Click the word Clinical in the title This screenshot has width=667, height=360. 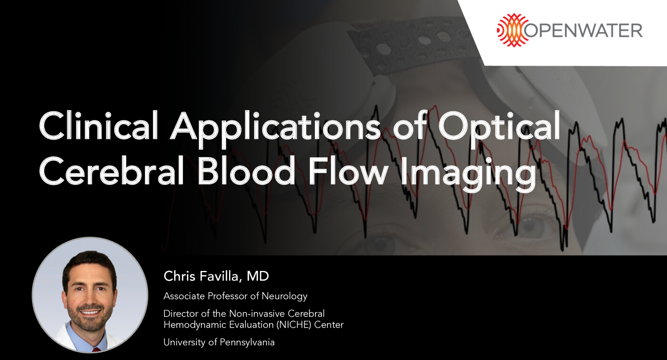point(99,126)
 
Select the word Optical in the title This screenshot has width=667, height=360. point(499,126)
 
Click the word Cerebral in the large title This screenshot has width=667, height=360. point(112,171)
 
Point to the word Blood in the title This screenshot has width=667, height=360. point(246,171)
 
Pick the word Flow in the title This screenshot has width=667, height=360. point(349,171)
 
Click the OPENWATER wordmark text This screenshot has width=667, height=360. point(584,30)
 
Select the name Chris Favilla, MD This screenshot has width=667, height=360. point(216,276)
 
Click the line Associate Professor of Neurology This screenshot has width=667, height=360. point(235,296)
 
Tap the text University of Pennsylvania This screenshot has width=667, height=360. point(219,342)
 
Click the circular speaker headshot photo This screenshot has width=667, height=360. point(90,295)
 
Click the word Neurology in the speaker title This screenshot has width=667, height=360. point(285,296)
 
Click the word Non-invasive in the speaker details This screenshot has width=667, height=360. point(257,313)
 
